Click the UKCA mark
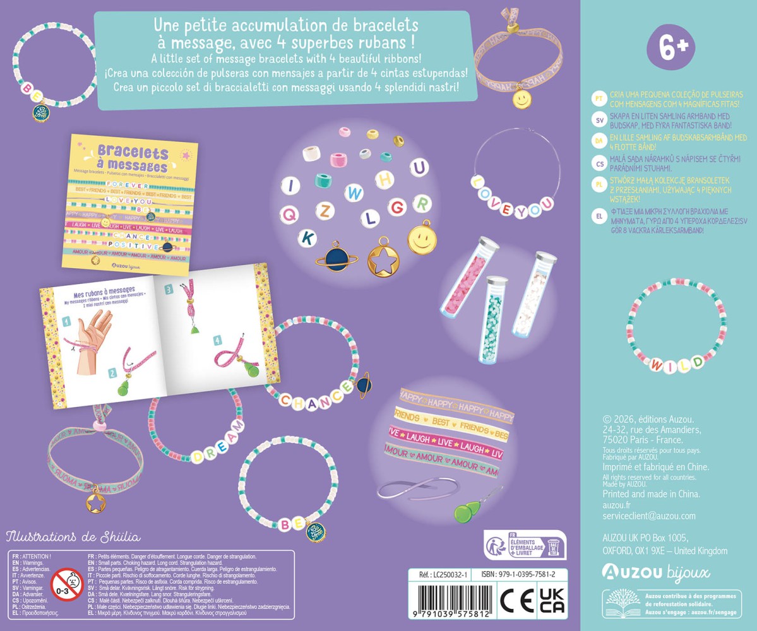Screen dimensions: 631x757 tap(551, 600)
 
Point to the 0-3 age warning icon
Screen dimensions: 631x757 tap(67, 584)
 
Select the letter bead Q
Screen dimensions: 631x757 tap(290, 215)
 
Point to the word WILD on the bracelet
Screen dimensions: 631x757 tap(677, 364)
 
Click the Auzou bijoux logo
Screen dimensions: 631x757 tap(655, 572)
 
